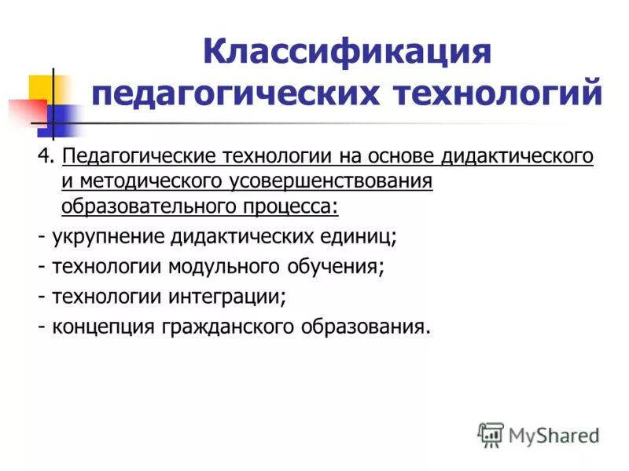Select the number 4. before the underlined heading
click(x=45, y=156)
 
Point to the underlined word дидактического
click(x=517, y=156)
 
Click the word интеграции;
click(x=226, y=298)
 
